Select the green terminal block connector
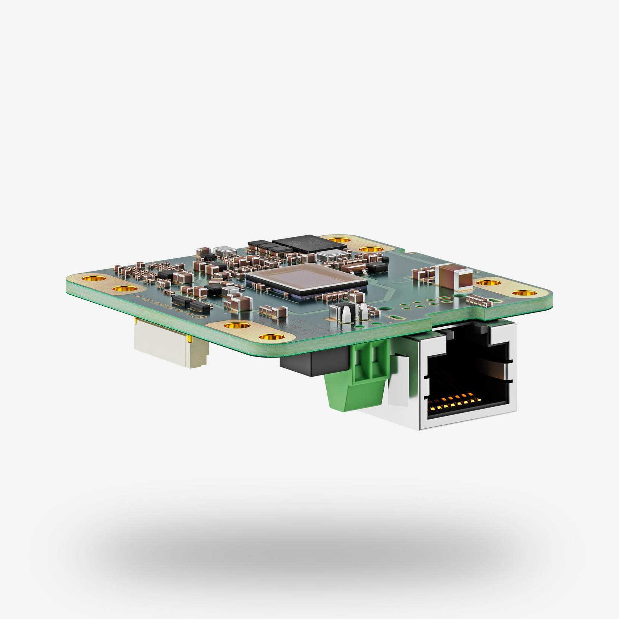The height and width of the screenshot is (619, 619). coord(358,377)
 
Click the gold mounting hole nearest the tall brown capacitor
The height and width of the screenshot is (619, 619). coord(488,283)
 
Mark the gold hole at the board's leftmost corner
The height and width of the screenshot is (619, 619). coord(94,278)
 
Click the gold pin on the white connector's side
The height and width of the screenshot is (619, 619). coord(191,339)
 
